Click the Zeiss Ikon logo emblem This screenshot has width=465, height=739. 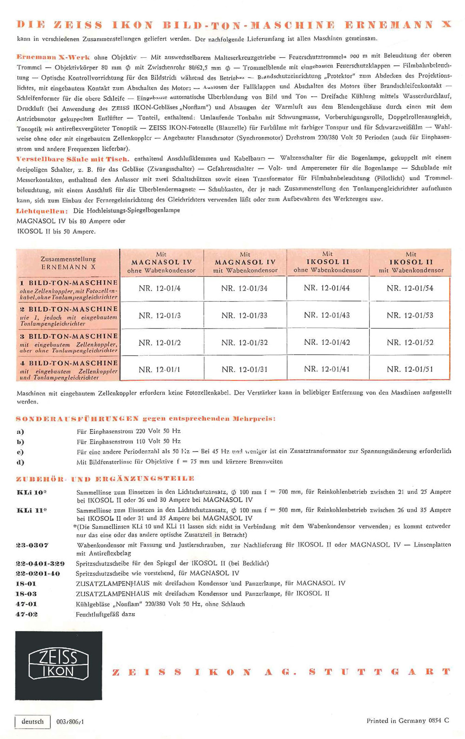pyautogui.click(x=59, y=665)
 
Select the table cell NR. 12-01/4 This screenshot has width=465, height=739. pyautogui.click(x=159, y=289)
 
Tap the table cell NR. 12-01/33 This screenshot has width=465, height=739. pyautogui.click(x=244, y=316)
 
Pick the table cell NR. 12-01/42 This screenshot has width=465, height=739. pyautogui.click(x=327, y=343)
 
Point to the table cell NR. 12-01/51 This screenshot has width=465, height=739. pyautogui.click(x=410, y=369)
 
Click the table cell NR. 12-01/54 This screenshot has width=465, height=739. pyautogui.click(x=410, y=289)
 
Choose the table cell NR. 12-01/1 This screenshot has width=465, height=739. pyautogui.click(x=159, y=369)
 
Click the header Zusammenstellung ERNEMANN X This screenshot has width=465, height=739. pyautogui.click(x=68, y=263)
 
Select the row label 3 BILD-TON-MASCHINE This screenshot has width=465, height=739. pyautogui.click(x=68, y=336)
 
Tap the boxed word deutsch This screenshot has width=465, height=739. pyautogui.click(x=33, y=722)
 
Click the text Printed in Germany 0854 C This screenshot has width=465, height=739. pyautogui.click(x=407, y=720)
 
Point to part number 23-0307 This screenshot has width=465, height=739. pyautogui.click(x=32, y=545)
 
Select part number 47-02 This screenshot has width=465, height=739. pyautogui.click(x=27, y=614)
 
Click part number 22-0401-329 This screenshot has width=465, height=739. pyautogui.click(x=40, y=563)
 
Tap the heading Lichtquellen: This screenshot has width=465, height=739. pyautogui.click(x=42, y=211)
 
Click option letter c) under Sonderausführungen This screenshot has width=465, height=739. pyautogui.click(x=20, y=452)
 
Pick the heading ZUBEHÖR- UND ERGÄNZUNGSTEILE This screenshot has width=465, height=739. pyautogui.click(x=105, y=478)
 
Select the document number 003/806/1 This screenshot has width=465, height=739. pyautogui.click(x=70, y=722)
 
